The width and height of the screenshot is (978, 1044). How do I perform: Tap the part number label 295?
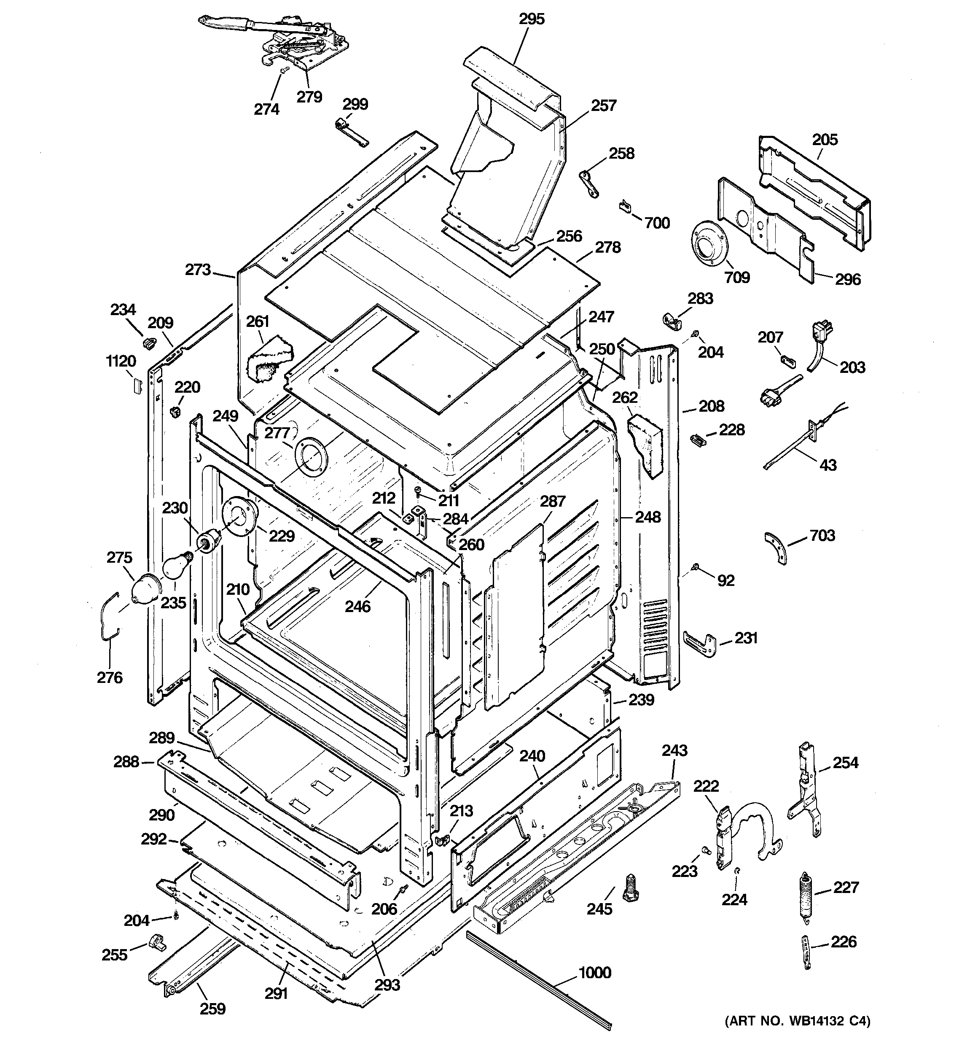point(532,19)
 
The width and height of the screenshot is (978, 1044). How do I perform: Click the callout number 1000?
point(594,973)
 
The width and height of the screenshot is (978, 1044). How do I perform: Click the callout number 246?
point(357,607)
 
